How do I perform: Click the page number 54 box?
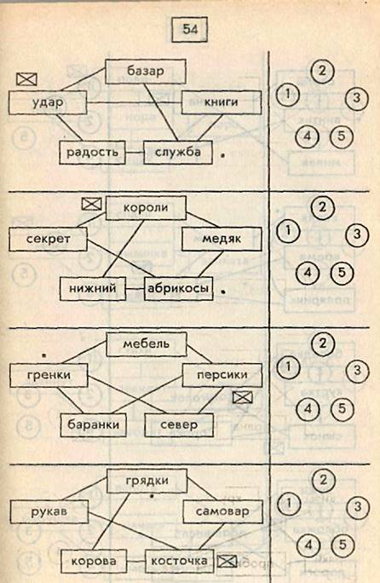tap(190, 29)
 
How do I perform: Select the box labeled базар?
tap(146, 72)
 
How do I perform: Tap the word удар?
tap(48, 102)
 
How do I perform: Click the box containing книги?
tap(222, 102)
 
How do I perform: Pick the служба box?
tap(178, 152)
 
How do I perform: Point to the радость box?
tap(93, 153)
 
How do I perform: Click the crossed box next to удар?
tap(27, 78)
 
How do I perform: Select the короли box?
tap(146, 208)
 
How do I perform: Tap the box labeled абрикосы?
tap(178, 289)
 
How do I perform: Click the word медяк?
tap(222, 239)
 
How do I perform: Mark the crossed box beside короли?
tap(91, 204)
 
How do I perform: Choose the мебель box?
tap(147, 344)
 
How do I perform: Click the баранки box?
tap(94, 425)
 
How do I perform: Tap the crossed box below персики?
tap(243, 397)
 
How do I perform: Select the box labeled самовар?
tap(222, 511)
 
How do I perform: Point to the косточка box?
tap(179, 561)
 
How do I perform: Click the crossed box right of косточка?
tap(227, 561)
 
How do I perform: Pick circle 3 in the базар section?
tap(357, 98)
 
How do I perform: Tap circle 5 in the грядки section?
tap(342, 545)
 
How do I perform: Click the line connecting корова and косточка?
tap(135, 561)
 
